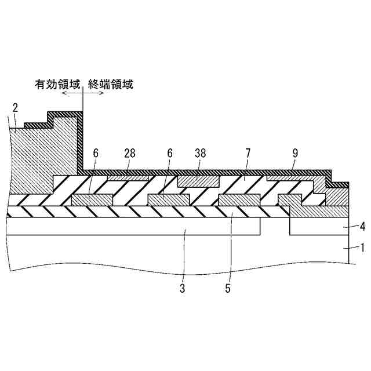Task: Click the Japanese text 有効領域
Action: tap(56, 85)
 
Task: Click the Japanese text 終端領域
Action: tap(110, 85)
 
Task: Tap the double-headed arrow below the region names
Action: tap(83, 93)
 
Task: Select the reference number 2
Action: tap(16, 107)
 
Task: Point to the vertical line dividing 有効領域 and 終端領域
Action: tap(83, 133)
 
